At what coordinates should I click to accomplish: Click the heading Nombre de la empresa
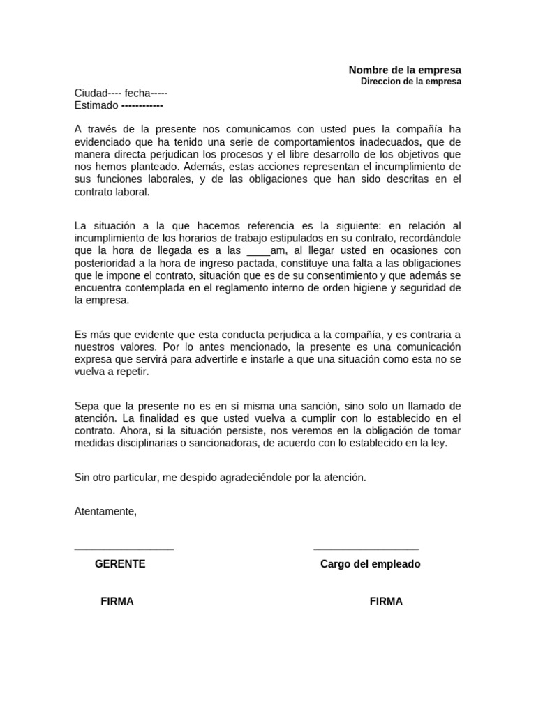pyautogui.click(x=405, y=70)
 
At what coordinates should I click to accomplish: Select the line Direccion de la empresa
pyautogui.click(x=411, y=82)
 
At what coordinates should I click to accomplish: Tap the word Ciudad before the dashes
pyautogui.click(x=91, y=93)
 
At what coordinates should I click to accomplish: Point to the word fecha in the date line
pyautogui.click(x=137, y=93)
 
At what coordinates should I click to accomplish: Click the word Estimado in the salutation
pyautogui.click(x=96, y=105)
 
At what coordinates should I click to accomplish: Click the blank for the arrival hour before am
pyautogui.click(x=258, y=250)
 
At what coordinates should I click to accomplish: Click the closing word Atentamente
pyautogui.click(x=105, y=511)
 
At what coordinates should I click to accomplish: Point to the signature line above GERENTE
pyautogui.click(x=124, y=549)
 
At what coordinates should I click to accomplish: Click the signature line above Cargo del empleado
pyautogui.click(x=366, y=549)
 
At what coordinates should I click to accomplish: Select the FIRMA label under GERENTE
pyautogui.click(x=117, y=601)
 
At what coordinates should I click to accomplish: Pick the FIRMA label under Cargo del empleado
pyautogui.click(x=386, y=601)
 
